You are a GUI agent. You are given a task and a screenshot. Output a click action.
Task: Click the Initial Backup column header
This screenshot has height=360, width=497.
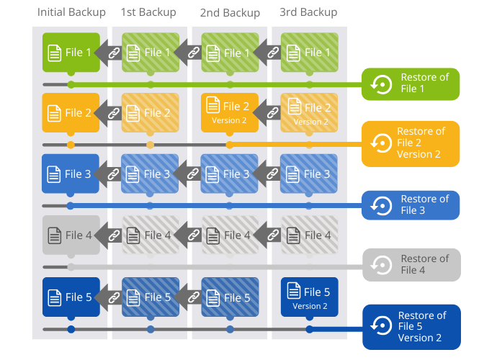[71, 12]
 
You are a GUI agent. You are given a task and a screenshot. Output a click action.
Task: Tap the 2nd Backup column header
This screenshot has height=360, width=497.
[230, 12]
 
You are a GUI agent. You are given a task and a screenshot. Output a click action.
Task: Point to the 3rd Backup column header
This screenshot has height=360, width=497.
[309, 12]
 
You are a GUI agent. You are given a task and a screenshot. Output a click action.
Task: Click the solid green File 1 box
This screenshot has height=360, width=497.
[71, 52]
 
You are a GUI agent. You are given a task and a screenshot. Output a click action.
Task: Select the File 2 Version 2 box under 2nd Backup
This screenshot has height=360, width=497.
[230, 112]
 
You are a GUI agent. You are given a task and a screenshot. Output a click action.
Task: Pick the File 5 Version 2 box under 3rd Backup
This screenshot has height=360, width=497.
[309, 297]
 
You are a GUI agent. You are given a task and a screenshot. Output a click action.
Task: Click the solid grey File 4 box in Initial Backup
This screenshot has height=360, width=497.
[71, 235]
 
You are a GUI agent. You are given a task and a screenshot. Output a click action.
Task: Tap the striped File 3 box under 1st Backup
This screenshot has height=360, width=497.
[150, 174]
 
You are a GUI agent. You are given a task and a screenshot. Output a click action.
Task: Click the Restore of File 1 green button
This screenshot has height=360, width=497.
[411, 84]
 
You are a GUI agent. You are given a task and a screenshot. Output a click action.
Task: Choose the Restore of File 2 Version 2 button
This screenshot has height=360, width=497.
[411, 143]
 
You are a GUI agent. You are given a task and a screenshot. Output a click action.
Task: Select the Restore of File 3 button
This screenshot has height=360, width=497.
[411, 205]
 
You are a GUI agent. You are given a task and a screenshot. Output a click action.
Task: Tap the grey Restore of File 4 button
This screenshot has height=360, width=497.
[411, 265]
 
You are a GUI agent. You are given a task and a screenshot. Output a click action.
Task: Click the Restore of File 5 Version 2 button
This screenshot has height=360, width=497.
[411, 327]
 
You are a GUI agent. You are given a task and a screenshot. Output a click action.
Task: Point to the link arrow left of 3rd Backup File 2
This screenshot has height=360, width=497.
[269, 112]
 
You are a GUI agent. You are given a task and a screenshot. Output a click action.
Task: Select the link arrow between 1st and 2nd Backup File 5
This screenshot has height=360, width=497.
[190, 296]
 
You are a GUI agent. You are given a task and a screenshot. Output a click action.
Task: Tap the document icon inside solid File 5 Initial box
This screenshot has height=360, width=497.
[54, 296]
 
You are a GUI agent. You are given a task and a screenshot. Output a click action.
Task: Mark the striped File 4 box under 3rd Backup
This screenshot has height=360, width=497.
[309, 235]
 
